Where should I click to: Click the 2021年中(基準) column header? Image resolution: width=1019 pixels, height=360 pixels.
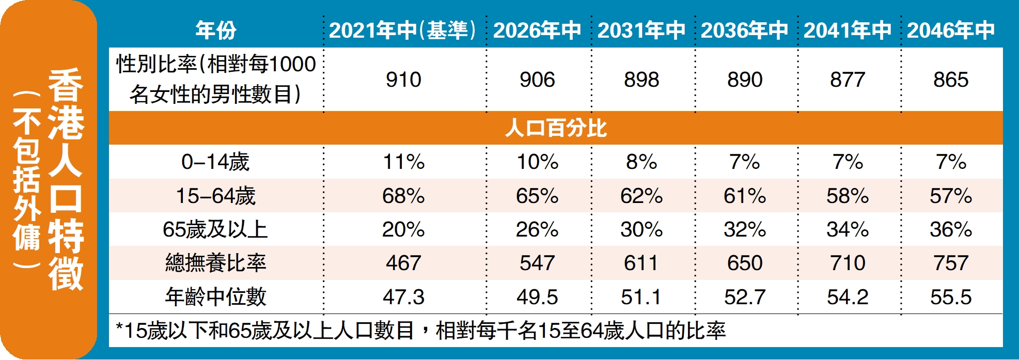point(402,30)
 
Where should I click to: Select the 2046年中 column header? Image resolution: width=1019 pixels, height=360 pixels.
point(951,30)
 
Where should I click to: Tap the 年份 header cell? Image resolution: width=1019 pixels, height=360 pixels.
point(216,30)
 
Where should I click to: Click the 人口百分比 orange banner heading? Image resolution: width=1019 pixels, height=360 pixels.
point(556,128)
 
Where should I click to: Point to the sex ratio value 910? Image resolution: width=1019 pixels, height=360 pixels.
point(403,80)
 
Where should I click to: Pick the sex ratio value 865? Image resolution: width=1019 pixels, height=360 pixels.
point(951,80)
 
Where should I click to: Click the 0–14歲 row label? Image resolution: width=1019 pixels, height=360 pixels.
point(215,162)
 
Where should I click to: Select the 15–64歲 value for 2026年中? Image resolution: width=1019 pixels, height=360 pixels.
point(537,196)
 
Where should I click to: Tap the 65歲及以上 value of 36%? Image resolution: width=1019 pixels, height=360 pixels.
point(951,229)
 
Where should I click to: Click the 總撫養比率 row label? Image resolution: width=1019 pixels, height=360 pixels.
point(215,263)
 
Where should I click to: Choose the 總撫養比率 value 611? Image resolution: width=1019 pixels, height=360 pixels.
point(641,263)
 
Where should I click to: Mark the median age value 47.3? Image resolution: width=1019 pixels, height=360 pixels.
point(403,297)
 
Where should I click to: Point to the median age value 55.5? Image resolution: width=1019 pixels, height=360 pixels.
point(951,297)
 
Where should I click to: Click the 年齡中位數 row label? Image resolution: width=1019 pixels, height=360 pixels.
point(215,297)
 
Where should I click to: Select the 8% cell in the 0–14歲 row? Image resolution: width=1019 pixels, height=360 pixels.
point(641,162)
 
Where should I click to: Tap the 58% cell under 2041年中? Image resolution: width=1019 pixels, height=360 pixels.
point(848,196)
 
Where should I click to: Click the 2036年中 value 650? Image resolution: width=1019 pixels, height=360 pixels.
point(745,263)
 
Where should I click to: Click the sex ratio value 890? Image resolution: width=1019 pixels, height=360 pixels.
point(745,80)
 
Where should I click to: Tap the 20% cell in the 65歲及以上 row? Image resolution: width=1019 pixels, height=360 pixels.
point(403,229)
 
